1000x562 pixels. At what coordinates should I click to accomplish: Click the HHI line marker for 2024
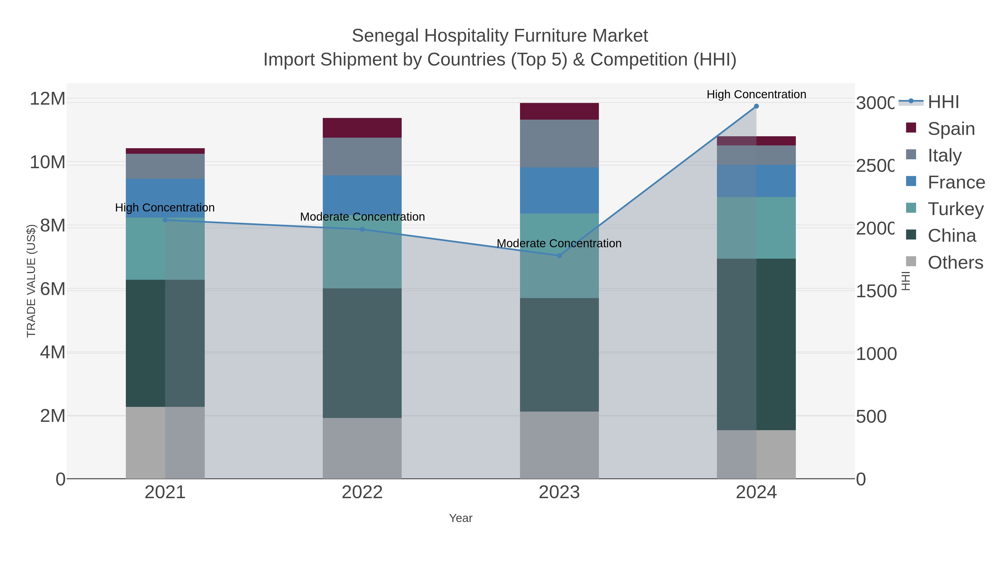click(x=756, y=106)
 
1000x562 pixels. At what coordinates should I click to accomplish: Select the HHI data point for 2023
click(x=559, y=256)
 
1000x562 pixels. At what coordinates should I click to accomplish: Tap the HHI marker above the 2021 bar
click(x=165, y=220)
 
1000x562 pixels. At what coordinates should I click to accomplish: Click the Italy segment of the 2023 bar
click(x=559, y=143)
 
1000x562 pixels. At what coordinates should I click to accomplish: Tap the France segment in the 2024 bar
click(x=756, y=181)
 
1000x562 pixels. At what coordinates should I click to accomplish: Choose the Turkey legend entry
click(x=955, y=209)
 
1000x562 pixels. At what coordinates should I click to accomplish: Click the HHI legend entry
click(x=943, y=102)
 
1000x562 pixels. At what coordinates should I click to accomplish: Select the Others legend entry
click(x=955, y=263)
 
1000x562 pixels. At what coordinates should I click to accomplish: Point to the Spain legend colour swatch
click(x=911, y=128)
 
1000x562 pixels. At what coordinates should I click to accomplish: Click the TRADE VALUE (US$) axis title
click(x=31, y=281)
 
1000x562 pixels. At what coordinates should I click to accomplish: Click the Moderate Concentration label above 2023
click(x=559, y=244)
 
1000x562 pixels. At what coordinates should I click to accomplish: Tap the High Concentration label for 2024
click(x=756, y=94)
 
